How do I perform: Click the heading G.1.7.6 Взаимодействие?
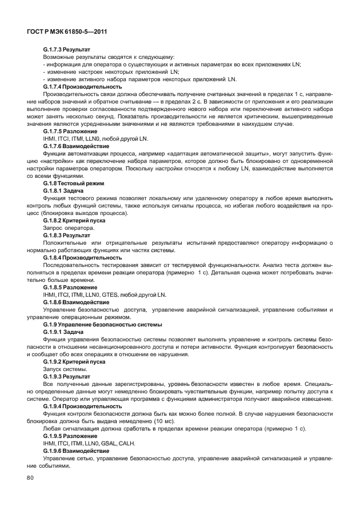point(77,146)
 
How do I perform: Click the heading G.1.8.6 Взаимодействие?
point(77,302)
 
